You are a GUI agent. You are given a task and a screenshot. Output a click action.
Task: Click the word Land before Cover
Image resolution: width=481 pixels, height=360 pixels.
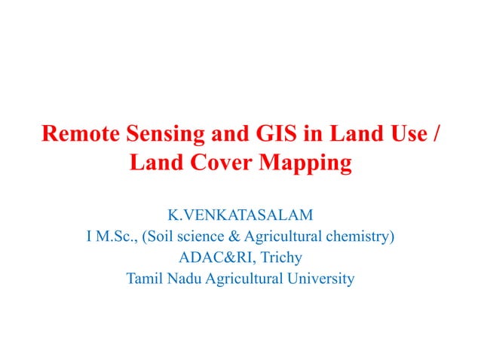(155, 162)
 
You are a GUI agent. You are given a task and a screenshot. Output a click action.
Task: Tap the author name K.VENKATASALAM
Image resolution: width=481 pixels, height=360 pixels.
(240, 216)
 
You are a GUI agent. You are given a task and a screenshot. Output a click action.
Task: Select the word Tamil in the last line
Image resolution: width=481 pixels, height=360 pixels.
(144, 279)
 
